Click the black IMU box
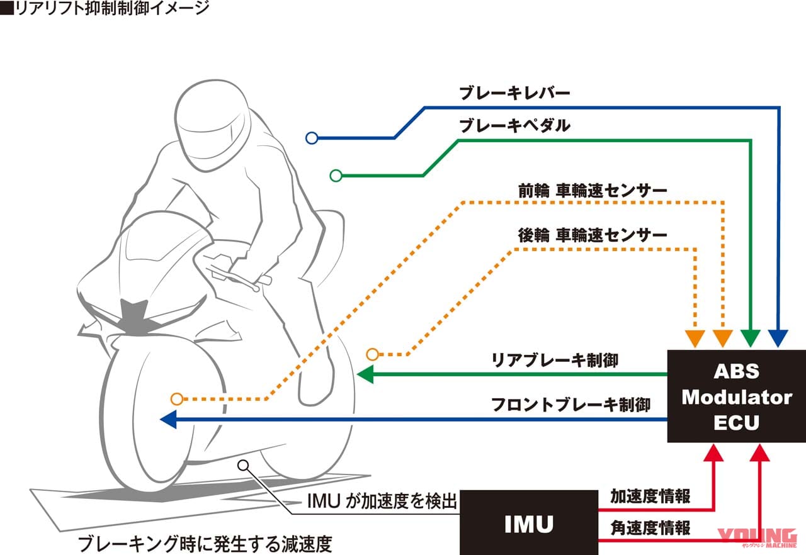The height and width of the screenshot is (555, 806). click(x=528, y=523)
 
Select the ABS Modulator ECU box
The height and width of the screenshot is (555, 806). click(x=736, y=396)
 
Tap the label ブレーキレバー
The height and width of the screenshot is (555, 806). click(x=514, y=94)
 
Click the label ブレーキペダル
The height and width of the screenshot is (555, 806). click(x=514, y=126)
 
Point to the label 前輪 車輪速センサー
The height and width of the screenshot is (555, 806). click(x=592, y=189)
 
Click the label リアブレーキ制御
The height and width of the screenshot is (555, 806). click(x=554, y=360)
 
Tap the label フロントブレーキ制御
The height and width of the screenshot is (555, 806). click(x=570, y=404)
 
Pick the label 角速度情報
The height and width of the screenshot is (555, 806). click(x=650, y=527)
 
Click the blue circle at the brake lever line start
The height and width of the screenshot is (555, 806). click(x=310, y=138)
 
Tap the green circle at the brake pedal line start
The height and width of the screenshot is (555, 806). click(x=336, y=175)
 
